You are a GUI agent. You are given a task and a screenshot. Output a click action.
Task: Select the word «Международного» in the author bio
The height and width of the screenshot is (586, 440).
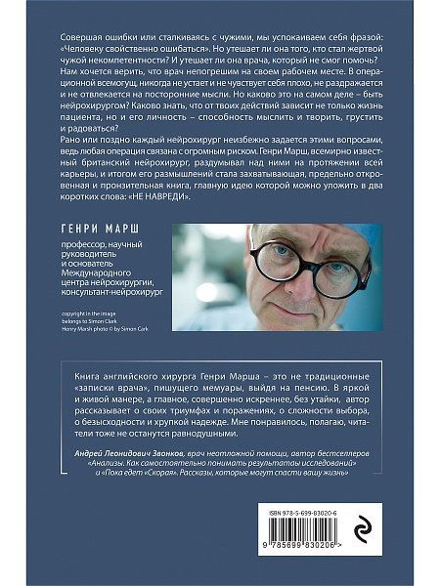coord(96,286)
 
